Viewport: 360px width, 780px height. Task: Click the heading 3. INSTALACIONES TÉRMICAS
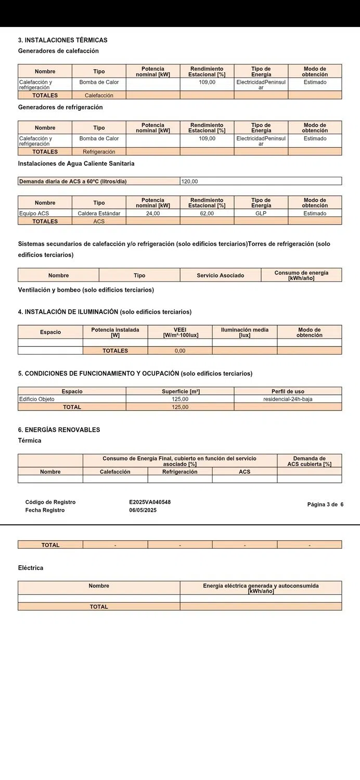coord(62,40)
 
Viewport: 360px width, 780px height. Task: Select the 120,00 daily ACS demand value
coord(190,181)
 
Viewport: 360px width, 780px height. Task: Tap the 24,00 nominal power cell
coord(153,214)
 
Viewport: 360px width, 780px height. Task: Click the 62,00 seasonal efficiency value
coord(207,214)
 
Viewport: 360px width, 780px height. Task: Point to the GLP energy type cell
coord(261,214)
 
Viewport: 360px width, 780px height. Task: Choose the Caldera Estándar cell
coord(99,214)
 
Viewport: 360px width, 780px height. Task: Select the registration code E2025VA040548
coord(150,502)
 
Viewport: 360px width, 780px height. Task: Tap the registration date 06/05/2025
coord(143,510)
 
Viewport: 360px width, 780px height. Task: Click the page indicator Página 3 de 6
coord(325,504)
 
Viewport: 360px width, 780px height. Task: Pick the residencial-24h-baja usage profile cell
coord(288,399)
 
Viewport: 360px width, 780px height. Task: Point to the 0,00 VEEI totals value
coord(180,351)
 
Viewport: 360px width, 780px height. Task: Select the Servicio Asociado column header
coord(220,276)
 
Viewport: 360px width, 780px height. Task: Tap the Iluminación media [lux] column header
coord(245,332)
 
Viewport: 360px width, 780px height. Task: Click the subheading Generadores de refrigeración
coord(60,107)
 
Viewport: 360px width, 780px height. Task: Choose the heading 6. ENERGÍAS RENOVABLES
coord(59,430)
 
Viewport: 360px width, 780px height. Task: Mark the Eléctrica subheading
coord(31,568)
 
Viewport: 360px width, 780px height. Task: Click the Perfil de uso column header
coord(288,392)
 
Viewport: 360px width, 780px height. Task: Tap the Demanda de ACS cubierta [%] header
coord(309,461)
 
